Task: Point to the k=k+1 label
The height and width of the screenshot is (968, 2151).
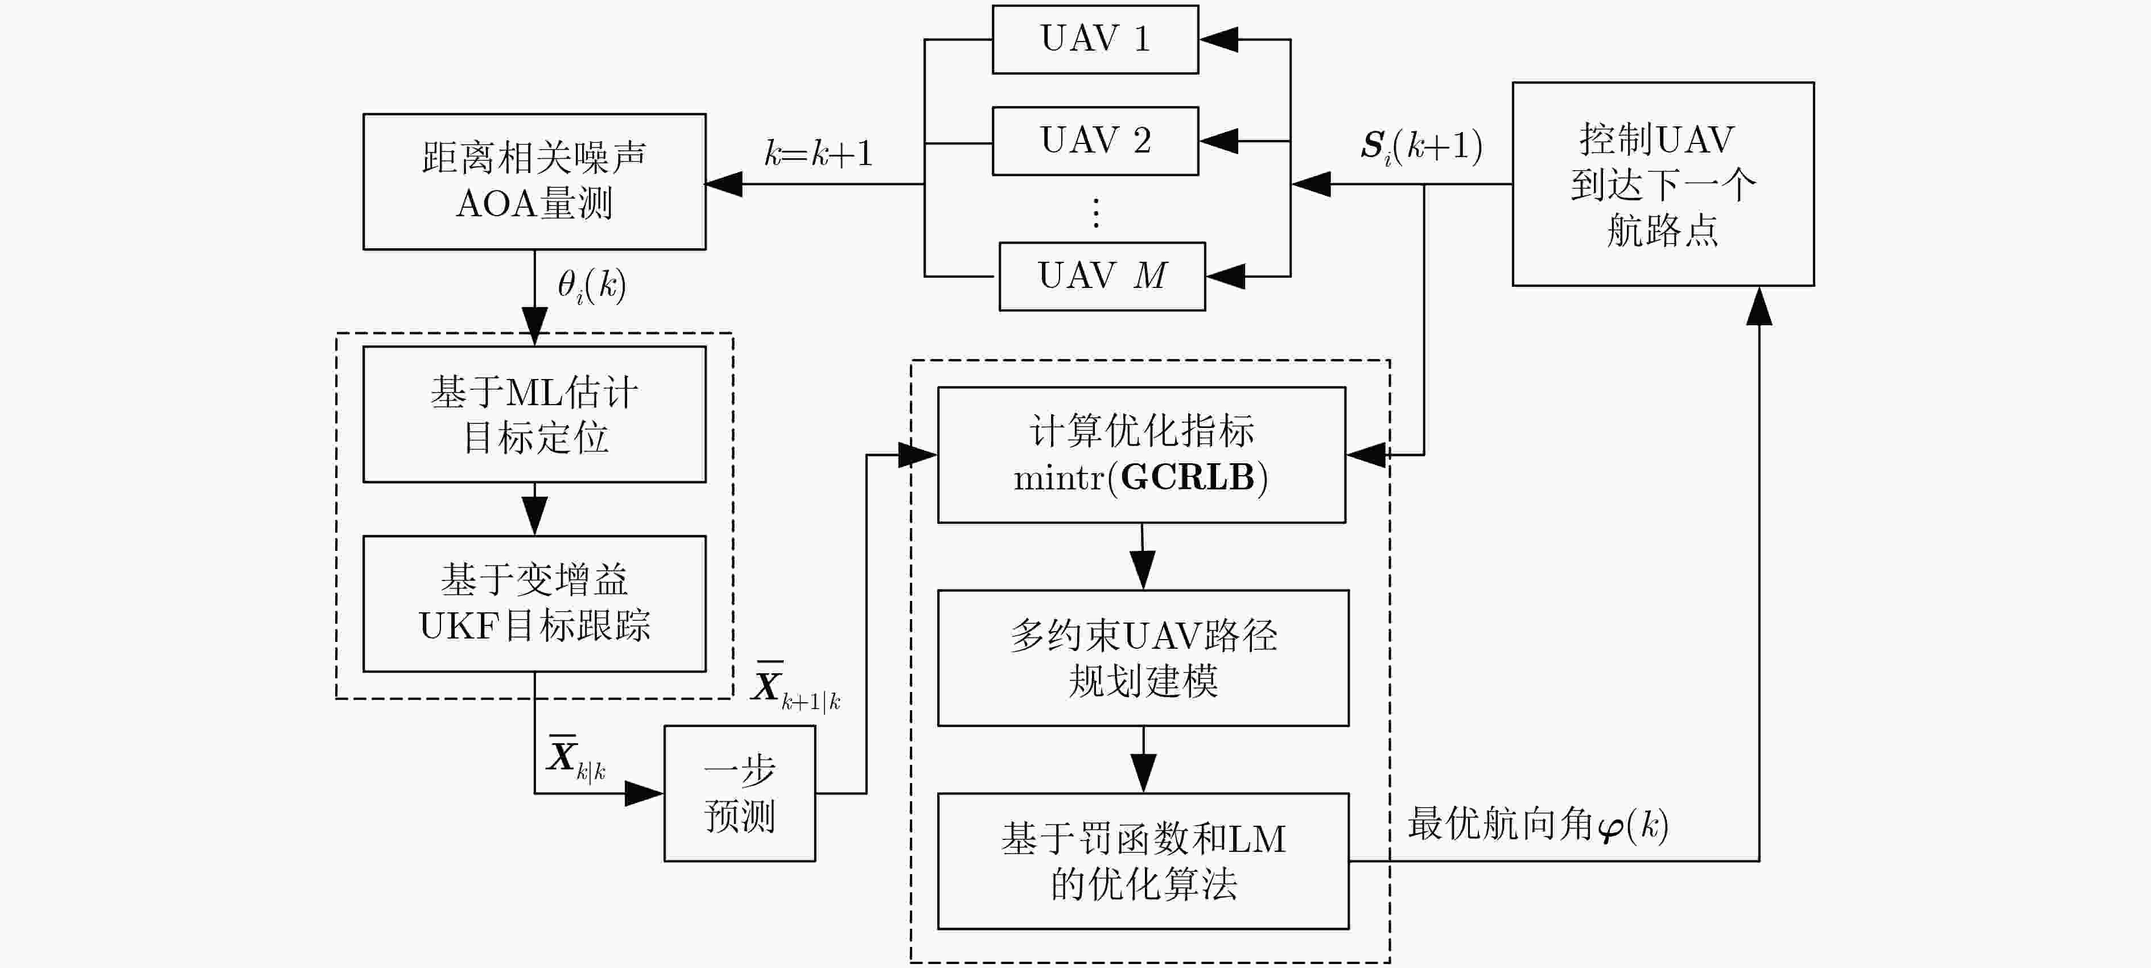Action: pyautogui.click(x=818, y=154)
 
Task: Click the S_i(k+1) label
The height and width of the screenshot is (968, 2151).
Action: pyautogui.click(x=1421, y=147)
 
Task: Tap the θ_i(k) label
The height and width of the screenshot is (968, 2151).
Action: pyautogui.click(x=592, y=286)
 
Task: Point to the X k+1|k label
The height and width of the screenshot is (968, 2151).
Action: pyautogui.click(x=796, y=686)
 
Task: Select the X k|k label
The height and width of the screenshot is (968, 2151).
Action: pyautogui.click(x=576, y=757)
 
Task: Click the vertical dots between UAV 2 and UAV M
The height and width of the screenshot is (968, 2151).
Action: pyautogui.click(x=1095, y=213)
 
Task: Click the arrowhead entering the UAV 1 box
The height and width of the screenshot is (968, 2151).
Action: pyautogui.click(x=1218, y=39)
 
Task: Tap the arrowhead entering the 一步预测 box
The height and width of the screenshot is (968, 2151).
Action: pyautogui.click(x=644, y=793)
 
